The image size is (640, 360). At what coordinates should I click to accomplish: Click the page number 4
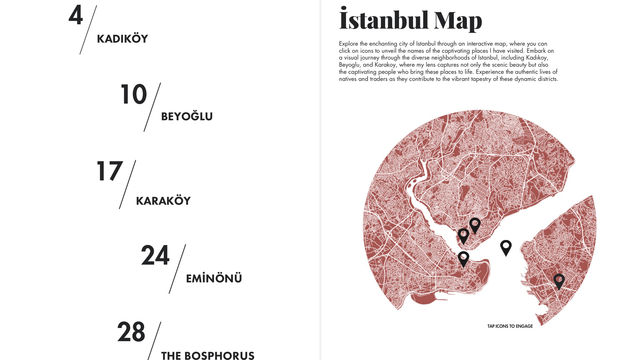pos(76,15)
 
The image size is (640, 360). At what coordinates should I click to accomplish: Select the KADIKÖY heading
pos(122,39)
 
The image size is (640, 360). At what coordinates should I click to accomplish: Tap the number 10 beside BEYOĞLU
pos(133,94)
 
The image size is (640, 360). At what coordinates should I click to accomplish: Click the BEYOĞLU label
pos(187,117)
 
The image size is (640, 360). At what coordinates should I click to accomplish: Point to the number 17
pos(110,171)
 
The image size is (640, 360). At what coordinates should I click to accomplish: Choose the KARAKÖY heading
pos(163,201)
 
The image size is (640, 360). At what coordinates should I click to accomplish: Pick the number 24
pos(155,256)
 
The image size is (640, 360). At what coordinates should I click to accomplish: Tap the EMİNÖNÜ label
pos(214,279)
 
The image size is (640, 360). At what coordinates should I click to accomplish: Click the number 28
pos(131,332)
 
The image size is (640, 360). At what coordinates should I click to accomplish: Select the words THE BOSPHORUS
pos(208,355)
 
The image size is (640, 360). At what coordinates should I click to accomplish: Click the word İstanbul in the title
pos(384,20)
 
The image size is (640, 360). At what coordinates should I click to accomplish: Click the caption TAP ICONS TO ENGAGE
pos(510,326)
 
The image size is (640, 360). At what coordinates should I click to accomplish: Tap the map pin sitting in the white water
pos(506,247)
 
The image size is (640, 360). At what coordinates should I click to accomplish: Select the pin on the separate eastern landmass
pos(559,281)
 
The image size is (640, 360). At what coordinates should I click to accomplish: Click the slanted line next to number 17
pos(128,184)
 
